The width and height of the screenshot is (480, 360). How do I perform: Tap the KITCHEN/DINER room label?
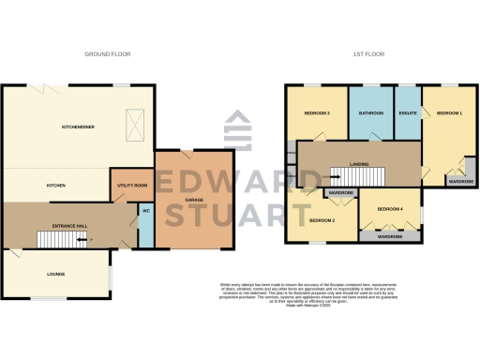(78, 127)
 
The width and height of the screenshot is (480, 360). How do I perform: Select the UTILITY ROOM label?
(132, 186)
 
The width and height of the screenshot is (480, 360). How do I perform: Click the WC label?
(146, 209)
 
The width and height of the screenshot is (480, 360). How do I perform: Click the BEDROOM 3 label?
(317, 113)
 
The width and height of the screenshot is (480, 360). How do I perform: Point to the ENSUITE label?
(408, 113)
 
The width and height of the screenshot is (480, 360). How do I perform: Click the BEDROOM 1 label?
(449, 113)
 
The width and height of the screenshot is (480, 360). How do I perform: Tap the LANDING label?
(358, 165)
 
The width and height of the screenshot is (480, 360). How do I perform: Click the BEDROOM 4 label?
(389, 208)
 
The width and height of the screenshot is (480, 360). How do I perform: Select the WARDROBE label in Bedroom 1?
(459, 181)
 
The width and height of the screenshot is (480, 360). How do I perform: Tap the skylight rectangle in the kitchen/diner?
(136, 123)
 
